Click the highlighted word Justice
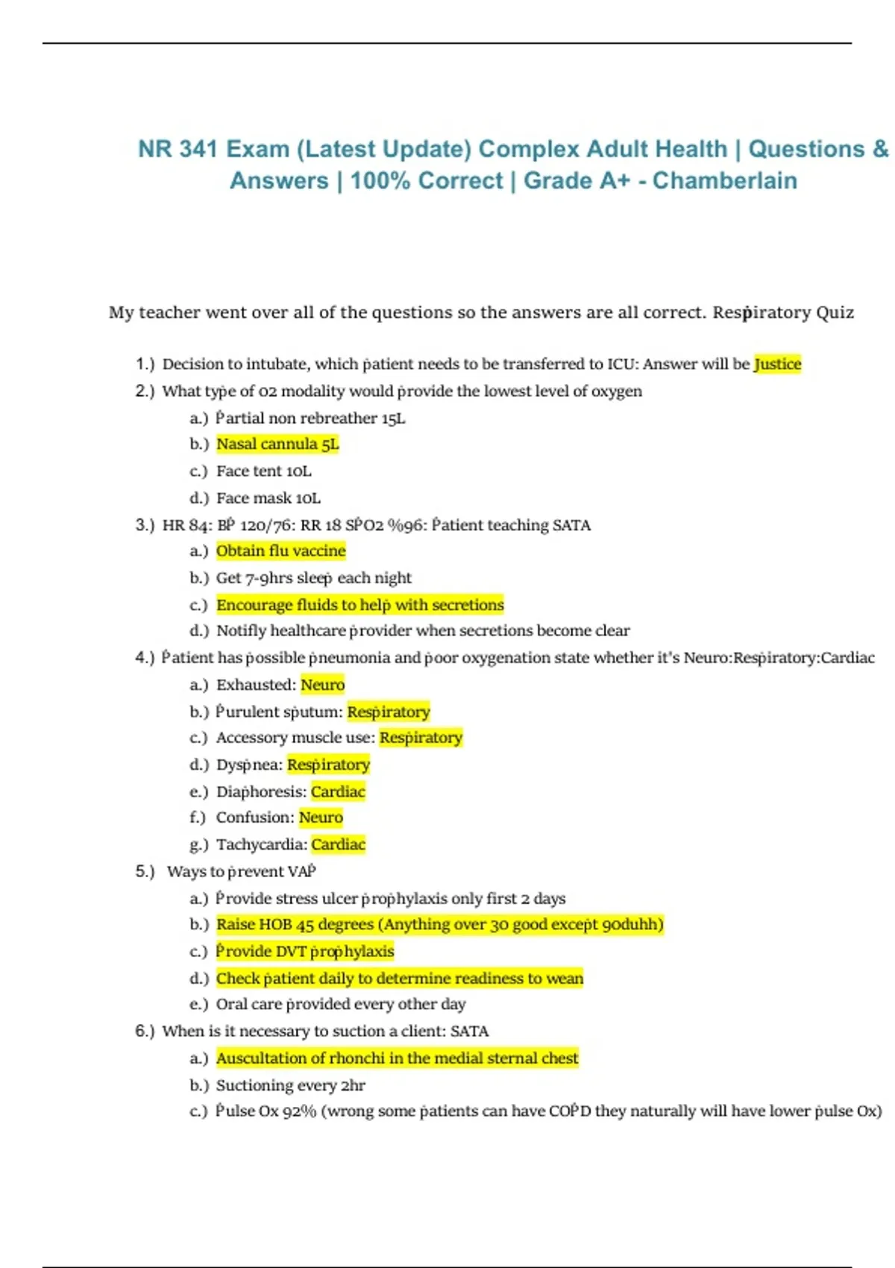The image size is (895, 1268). tap(777, 364)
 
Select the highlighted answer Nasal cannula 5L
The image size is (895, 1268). tap(277, 445)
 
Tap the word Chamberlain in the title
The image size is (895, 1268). tap(724, 181)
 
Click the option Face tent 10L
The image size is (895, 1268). tap(263, 471)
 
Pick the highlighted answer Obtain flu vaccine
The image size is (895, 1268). tap(280, 551)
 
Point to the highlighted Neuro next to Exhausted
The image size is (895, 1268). tap(322, 685)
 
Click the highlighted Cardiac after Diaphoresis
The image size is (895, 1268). tap(338, 791)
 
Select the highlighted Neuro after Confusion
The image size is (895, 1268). tap(321, 817)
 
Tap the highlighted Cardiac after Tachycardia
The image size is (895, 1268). tap(338, 844)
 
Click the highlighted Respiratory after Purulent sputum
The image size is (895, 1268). tap(389, 712)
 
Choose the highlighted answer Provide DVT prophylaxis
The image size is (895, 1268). tap(304, 951)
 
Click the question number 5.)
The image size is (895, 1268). tap(145, 871)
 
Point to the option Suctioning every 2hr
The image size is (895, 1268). tap(290, 1085)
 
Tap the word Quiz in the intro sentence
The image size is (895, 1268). tap(835, 313)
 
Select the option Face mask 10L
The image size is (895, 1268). tap(268, 498)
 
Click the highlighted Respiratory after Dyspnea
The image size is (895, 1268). tap(328, 765)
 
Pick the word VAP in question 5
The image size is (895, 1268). tap(301, 871)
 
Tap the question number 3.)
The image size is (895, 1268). tap(145, 525)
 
